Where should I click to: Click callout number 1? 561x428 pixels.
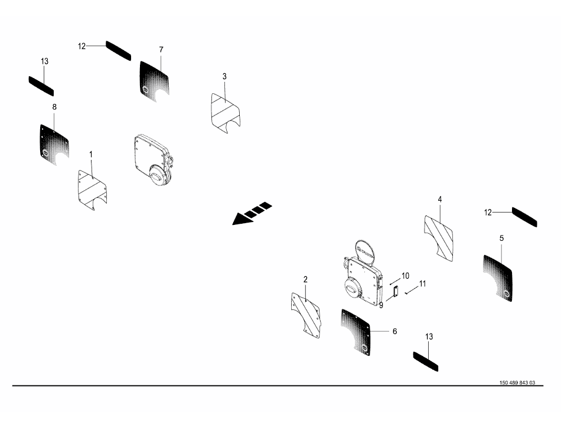coord(90,155)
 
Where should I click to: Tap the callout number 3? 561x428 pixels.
coord(224,77)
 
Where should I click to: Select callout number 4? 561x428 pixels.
coord(440,200)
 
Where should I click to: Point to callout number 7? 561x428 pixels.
coord(161,50)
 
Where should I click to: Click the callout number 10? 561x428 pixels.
coord(405,276)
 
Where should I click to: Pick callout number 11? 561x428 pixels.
coord(423,284)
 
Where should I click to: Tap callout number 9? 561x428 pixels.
coord(381,305)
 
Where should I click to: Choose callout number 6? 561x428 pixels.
coord(394,331)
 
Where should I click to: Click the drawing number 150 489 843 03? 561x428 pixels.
coord(517,383)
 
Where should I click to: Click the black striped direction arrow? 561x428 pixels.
coord(252,214)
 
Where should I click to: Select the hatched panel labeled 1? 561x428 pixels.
coord(92,190)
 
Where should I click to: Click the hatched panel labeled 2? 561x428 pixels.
coord(306,315)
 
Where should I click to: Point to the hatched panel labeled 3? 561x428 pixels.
coord(226,114)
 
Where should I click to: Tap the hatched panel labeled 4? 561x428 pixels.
coord(439,238)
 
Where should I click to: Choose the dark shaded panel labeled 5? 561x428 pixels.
coord(498,278)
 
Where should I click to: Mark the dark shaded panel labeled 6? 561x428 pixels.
coord(355,332)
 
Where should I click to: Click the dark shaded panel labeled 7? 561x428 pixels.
coord(154,81)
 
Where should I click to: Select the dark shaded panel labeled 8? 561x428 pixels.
coord(54,145)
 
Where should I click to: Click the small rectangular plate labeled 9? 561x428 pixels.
coord(396,292)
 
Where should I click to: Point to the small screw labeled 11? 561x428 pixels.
coord(407,293)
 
